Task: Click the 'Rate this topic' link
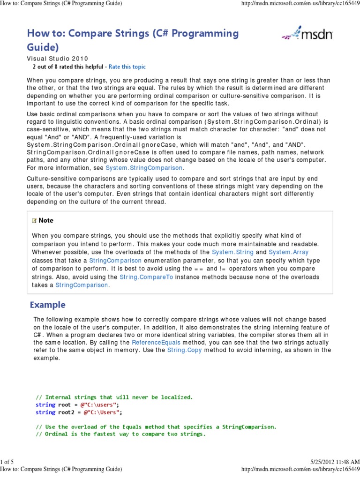[x=127, y=67]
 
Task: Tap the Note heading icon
[x=34, y=220]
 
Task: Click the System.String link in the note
[x=232, y=252]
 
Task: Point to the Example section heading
[x=48, y=305]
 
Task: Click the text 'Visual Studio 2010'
[x=57, y=59]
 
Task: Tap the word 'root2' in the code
[x=67, y=412]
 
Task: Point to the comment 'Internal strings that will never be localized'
[x=114, y=397]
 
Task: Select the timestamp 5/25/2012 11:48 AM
[x=335, y=462]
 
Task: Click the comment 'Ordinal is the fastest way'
[x=120, y=434]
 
